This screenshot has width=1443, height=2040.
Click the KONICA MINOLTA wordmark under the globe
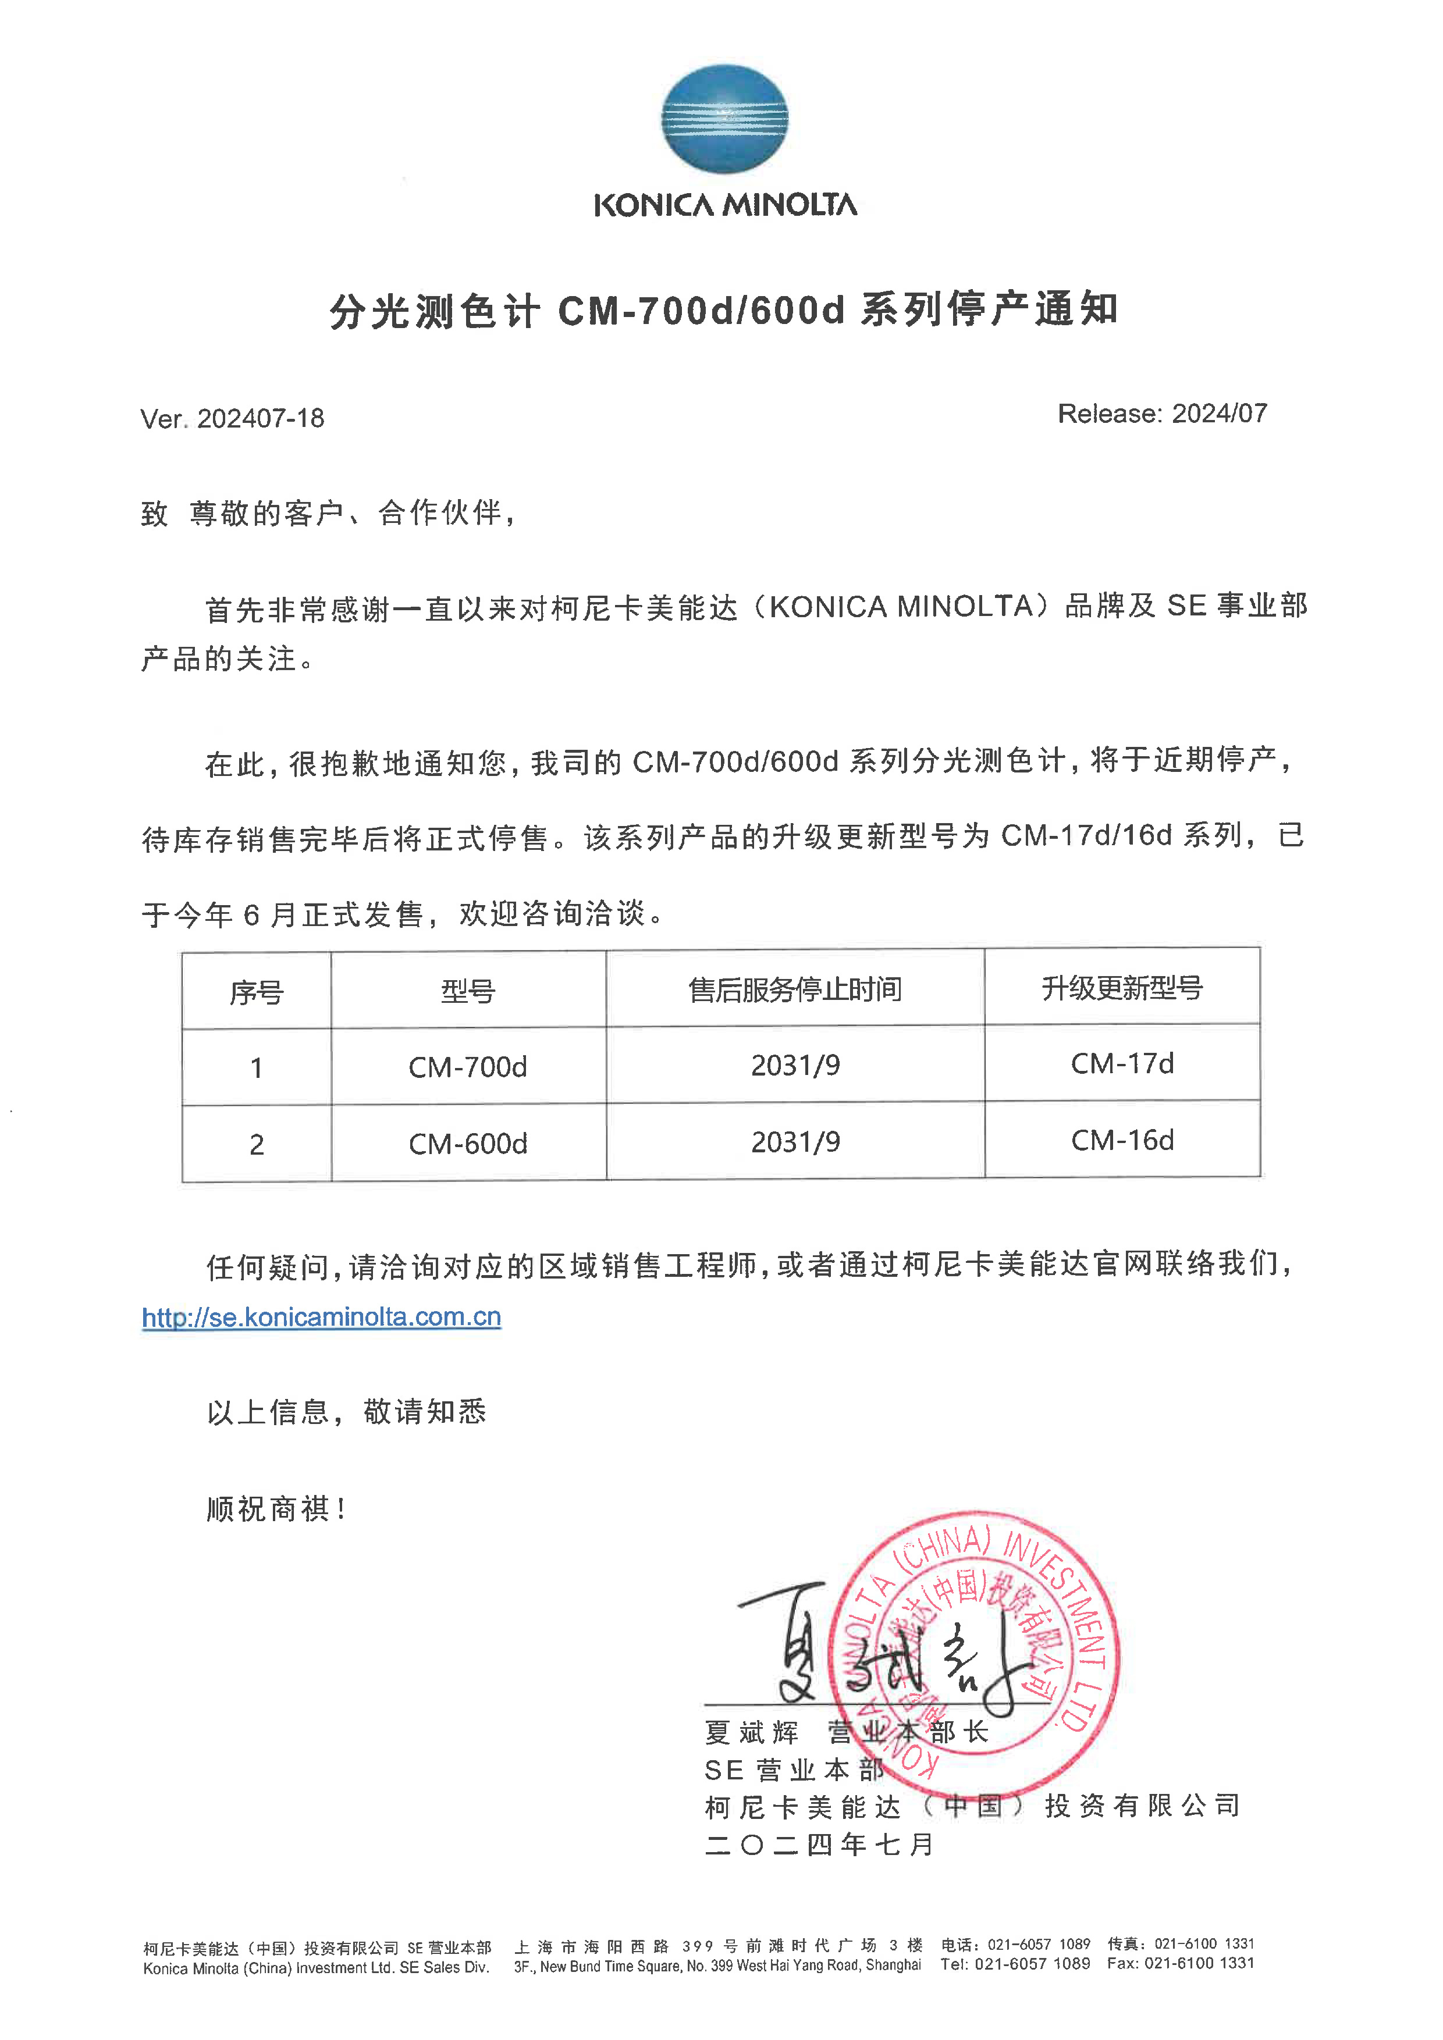pyautogui.click(x=725, y=205)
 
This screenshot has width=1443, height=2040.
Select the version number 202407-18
pyautogui.click(x=260, y=418)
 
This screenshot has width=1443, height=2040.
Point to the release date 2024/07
pyautogui.click(x=1219, y=413)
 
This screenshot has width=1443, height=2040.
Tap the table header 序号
pyautogui.click(x=256, y=992)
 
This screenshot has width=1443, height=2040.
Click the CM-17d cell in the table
pyautogui.click(x=1122, y=1063)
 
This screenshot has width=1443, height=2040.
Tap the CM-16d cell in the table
pyautogui.click(x=1122, y=1140)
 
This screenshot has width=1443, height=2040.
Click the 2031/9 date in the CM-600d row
pyautogui.click(x=795, y=1142)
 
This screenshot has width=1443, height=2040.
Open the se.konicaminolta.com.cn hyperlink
pyautogui.click(x=322, y=1317)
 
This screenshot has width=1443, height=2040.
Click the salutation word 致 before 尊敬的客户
pyautogui.click(x=155, y=514)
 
